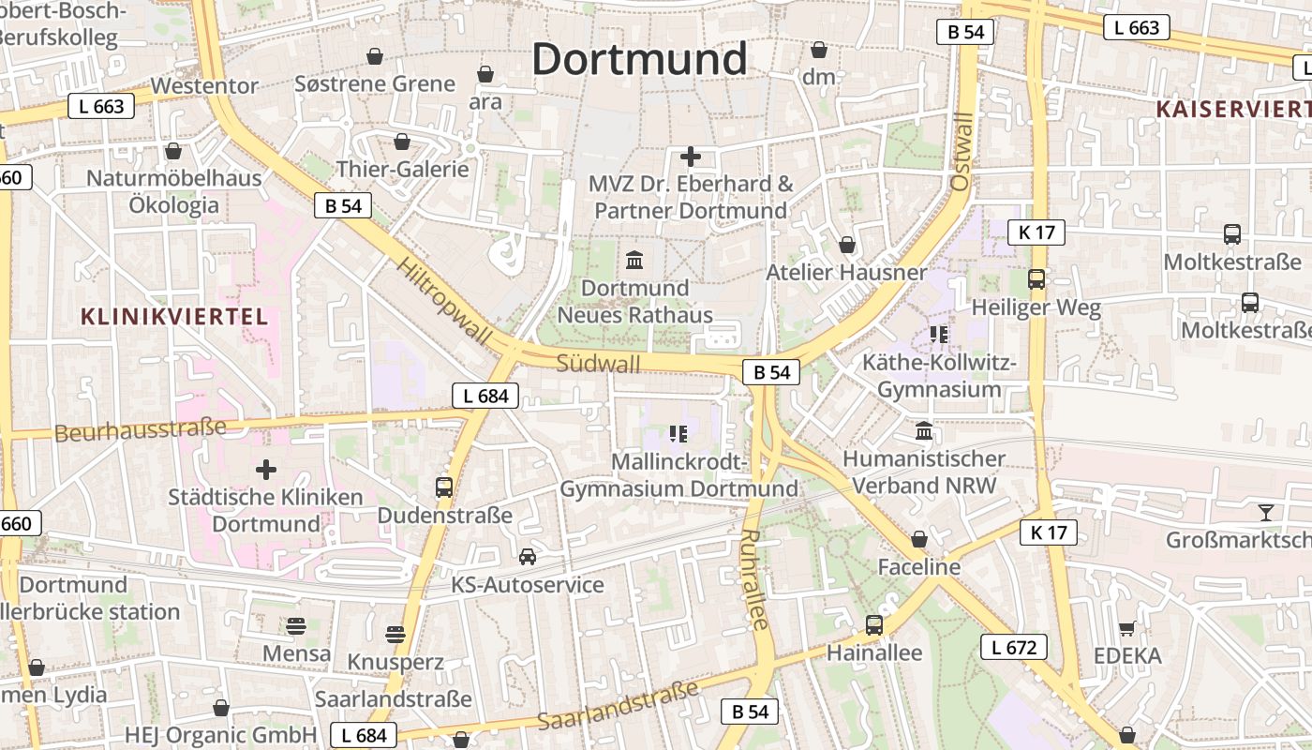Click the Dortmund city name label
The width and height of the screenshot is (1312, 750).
(639, 59)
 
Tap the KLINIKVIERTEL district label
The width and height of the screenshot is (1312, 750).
(174, 316)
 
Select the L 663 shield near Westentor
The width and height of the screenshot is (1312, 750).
(101, 106)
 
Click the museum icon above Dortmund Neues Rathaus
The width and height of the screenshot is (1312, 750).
(634, 260)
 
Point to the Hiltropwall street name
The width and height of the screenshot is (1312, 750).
(443, 302)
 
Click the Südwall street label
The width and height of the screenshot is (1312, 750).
(598, 363)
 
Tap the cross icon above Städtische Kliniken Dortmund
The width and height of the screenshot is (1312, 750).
(266, 469)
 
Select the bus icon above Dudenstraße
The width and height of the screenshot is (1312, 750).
(444, 487)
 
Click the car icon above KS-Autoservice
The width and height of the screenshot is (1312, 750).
(528, 557)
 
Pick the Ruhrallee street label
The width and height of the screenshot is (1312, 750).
(754, 578)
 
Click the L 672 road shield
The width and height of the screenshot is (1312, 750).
(1013, 646)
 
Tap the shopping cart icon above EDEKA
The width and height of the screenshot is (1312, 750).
(1126, 628)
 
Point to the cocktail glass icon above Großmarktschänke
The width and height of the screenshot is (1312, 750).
(1266, 512)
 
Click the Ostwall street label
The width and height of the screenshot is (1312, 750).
(962, 152)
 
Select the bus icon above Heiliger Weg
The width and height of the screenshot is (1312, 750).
(1036, 278)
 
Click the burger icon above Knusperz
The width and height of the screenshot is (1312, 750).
(395, 634)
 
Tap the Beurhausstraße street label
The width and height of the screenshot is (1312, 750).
(141, 430)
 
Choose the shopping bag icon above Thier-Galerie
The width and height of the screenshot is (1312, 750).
(402, 142)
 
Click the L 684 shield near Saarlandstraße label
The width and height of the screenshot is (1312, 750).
(365, 735)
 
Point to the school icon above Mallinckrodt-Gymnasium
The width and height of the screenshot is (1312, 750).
(678, 433)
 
